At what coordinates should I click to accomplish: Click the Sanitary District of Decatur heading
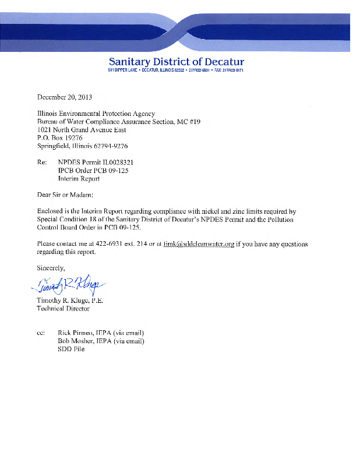(176, 62)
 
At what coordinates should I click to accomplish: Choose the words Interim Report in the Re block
(80, 178)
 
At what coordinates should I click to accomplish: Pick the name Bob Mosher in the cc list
(78, 341)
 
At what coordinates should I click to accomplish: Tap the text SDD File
(71, 349)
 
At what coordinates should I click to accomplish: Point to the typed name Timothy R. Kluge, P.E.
(73, 299)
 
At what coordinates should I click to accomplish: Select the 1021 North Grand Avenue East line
(81, 129)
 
